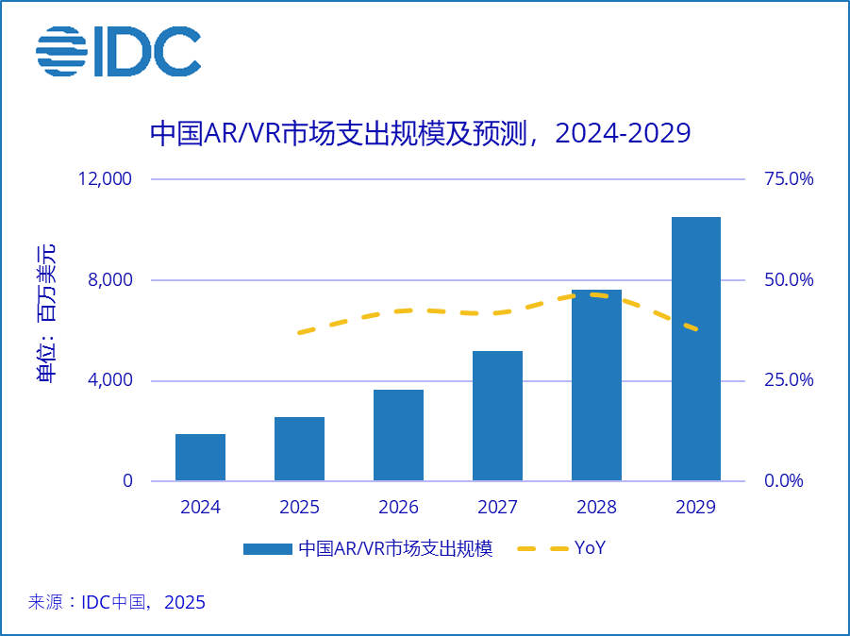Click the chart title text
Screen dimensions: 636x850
tap(421, 133)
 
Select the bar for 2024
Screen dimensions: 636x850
tap(200, 458)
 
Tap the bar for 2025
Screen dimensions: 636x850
tap(299, 449)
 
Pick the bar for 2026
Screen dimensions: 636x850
tap(398, 435)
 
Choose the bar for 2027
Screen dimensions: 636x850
tap(497, 416)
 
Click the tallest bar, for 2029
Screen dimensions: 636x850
tap(695, 349)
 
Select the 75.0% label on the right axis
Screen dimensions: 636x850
tap(788, 179)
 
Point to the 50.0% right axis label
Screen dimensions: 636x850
tap(788, 280)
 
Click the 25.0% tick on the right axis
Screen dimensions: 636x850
tap(788, 380)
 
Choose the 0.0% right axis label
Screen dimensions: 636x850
tap(784, 481)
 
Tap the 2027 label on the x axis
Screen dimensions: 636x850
tap(497, 508)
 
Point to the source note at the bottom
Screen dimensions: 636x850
tap(117, 602)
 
